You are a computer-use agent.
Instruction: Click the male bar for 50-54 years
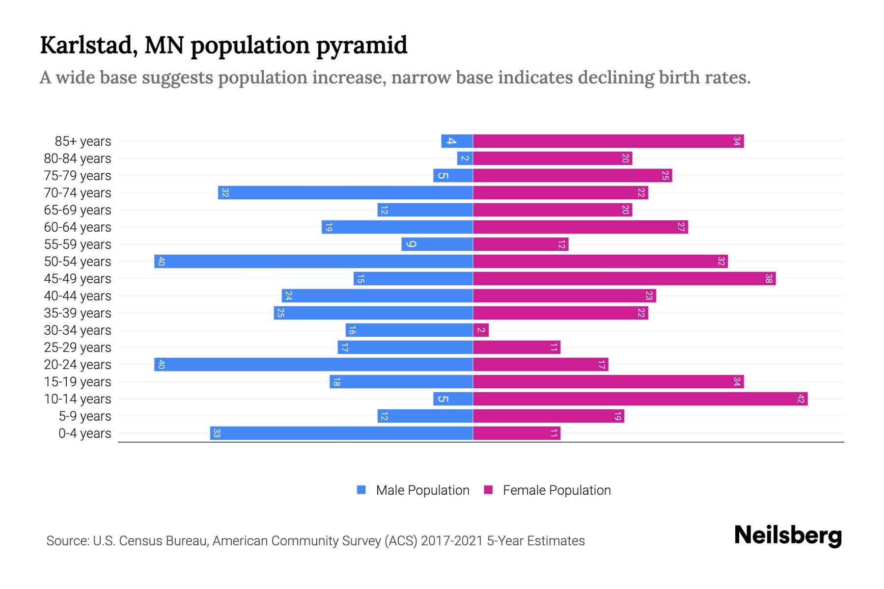click(313, 261)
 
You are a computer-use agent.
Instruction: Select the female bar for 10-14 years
click(640, 399)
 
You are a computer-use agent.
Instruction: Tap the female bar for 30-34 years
click(481, 330)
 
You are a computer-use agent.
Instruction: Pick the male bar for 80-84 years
click(465, 158)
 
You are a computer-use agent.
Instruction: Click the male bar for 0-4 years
click(341, 433)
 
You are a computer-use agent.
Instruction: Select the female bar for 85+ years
click(608, 141)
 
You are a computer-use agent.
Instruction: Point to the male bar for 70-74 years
click(345, 192)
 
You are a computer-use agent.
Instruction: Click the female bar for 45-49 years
click(624, 278)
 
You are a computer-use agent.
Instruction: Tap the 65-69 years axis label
click(78, 210)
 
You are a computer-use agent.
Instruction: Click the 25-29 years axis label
click(78, 348)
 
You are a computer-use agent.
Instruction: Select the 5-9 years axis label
click(85, 416)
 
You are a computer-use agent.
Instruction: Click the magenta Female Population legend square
click(488, 490)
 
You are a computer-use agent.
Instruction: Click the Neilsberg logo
click(788, 535)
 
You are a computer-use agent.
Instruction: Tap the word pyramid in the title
click(361, 45)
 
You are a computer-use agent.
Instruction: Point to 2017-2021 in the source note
click(452, 541)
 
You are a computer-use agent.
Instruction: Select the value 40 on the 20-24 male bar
click(161, 364)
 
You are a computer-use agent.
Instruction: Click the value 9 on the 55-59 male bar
click(412, 244)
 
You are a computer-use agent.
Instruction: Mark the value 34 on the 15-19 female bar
click(736, 381)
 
